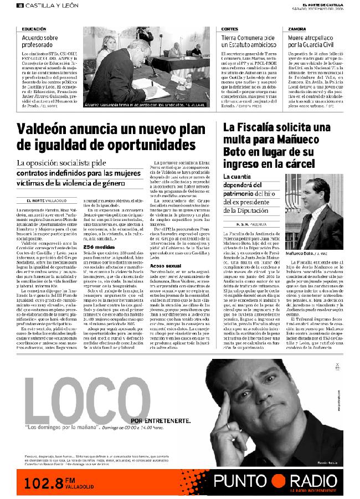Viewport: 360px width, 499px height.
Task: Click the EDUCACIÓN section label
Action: point(34,29)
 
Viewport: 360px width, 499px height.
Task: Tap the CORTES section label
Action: point(229,29)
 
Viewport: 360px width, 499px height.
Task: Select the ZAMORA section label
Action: point(297,29)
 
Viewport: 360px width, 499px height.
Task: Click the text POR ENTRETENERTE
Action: point(161,420)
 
